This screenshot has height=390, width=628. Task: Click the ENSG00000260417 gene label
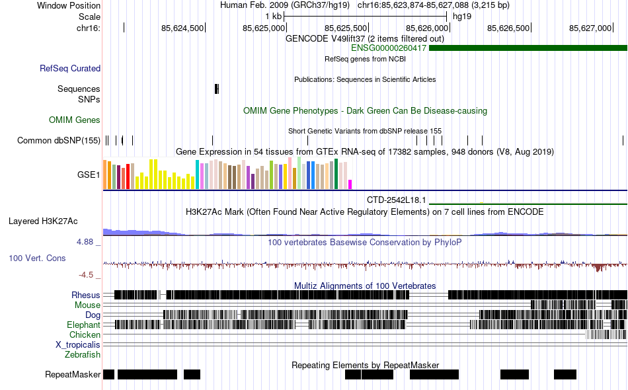[x=389, y=48]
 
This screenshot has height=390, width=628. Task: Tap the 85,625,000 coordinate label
[x=264, y=28]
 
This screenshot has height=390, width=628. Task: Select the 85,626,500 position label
[x=508, y=28]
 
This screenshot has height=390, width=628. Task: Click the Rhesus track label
[x=86, y=295]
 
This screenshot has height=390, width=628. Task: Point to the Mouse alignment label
[x=87, y=305]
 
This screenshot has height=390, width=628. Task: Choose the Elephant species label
[x=83, y=325]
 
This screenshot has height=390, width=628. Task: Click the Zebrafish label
[x=83, y=355]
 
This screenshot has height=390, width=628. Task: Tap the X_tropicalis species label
[x=78, y=345]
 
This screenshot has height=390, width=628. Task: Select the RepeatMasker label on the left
[x=73, y=375]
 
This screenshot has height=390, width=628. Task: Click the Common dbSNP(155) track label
[x=59, y=140]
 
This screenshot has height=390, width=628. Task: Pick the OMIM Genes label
[x=75, y=120]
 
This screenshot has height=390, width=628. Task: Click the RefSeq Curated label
[x=70, y=68]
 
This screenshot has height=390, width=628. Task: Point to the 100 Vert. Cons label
[x=37, y=258]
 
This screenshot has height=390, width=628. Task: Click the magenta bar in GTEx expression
[x=350, y=184]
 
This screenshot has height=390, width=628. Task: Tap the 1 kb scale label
[x=273, y=16]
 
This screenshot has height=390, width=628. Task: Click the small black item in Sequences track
[x=217, y=89]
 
